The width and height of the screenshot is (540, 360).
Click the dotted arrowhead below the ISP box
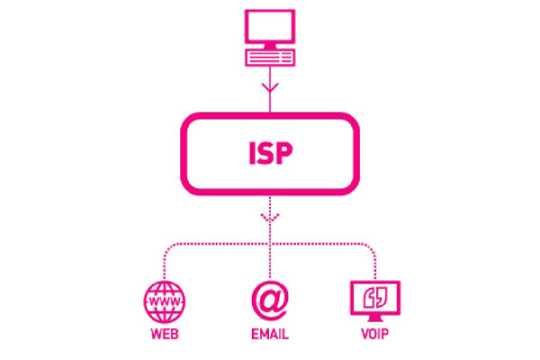coord(269,218)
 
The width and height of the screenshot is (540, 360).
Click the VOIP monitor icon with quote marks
coord(374,301)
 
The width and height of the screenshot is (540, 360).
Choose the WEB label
coord(165,337)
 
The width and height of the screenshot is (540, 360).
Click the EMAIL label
coord(269,337)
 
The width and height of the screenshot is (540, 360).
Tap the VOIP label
coord(374,337)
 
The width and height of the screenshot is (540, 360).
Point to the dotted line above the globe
coord(165,265)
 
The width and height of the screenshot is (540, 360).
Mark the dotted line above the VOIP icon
coord(374,265)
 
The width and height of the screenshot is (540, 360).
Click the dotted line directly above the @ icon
coord(269,265)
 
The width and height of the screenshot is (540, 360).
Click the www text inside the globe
coord(165,301)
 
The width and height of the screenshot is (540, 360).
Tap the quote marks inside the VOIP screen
coord(374,296)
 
